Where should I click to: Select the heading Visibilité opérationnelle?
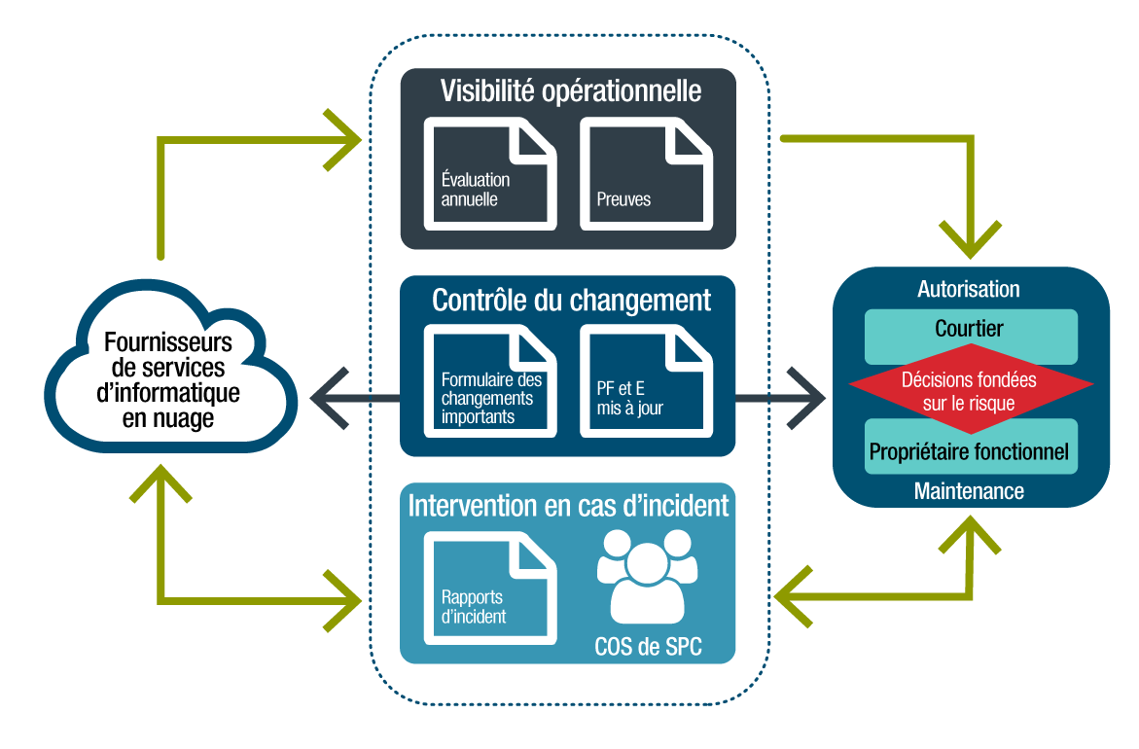click(x=571, y=90)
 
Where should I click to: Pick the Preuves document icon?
click(x=646, y=174)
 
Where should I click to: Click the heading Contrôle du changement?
click(x=571, y=300)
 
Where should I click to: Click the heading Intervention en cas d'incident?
click(x=569, y=506)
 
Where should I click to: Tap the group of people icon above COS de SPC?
click(x=647, y=578)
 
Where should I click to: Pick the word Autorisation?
click(x=969, y=289)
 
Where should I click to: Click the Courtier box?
click(x=970, y=330)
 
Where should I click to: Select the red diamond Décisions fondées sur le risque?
click(x=971, y=389)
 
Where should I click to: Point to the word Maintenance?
click(x=969, y=491)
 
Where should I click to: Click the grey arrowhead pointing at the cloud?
click(x=325, y=397)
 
